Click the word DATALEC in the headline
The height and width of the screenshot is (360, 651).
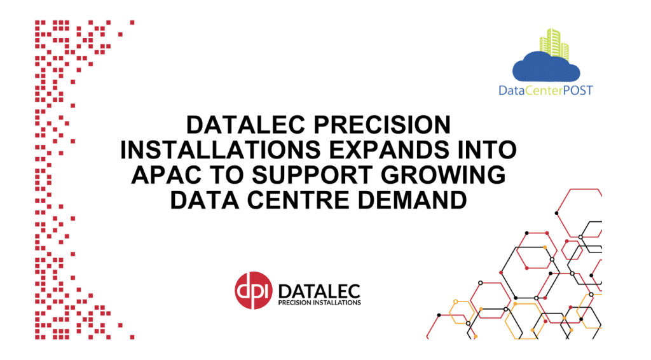point(246,125)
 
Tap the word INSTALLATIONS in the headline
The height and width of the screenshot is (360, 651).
point(221,149)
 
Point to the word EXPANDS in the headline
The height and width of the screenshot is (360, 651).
point(389,149)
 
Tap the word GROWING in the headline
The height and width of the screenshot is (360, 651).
point(443,174)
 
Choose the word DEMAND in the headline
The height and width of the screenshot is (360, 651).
point(412,200)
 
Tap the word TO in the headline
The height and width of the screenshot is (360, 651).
point(228,174)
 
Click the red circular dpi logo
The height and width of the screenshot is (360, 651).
point(253,290)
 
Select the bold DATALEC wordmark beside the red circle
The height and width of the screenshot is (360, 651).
point(319,291)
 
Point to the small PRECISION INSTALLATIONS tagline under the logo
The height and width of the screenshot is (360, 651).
point(319,303)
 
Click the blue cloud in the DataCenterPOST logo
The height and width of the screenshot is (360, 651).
point(546,67)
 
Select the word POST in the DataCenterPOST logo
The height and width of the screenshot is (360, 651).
point(578,90)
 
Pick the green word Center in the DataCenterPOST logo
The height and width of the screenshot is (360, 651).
point(544,90)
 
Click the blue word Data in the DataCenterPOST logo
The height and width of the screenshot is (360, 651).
point(512,90)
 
